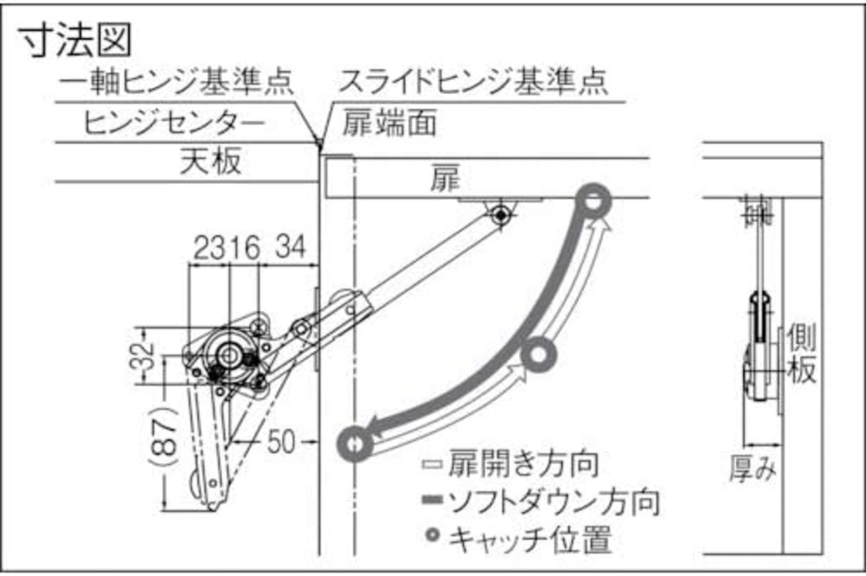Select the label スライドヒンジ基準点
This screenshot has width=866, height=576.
[474, 84]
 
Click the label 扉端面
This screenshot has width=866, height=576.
[389, 124]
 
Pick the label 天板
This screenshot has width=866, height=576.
[210, 163]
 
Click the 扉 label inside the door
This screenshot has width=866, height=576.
[445, 179]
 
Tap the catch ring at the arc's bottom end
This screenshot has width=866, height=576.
[355, 444]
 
